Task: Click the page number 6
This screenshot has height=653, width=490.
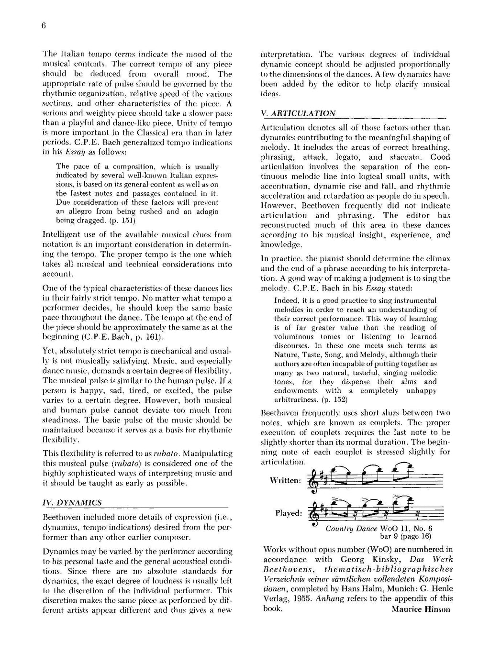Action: (x=43, y=26)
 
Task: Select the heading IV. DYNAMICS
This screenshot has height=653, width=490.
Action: (x=72, y=503)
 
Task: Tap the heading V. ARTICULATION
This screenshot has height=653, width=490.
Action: (x=298, y=114)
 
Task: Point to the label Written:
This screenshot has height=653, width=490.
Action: (x=285, y=480)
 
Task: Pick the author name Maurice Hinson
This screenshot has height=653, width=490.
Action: (x=421, y=609)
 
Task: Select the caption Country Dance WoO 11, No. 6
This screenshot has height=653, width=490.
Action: (x=379, y=529)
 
